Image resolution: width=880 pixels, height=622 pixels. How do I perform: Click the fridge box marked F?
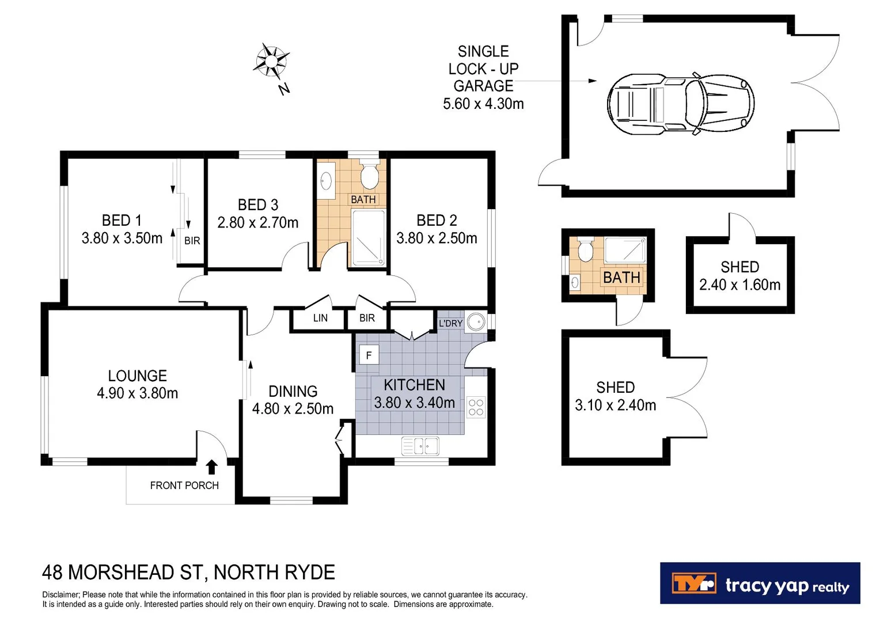(369, 355)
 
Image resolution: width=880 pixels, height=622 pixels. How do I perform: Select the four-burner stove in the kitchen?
(476, 407)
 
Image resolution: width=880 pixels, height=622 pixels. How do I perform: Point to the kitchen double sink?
(420, 446)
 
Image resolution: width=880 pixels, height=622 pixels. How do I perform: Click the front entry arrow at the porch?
(212, 466)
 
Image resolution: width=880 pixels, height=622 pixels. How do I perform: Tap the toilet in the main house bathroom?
(369, 175)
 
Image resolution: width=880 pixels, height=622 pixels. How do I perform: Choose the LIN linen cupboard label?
(320, 318)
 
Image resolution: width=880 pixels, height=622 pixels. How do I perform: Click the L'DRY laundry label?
(450, 323)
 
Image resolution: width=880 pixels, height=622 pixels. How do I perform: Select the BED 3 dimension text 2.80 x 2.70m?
(258, 222)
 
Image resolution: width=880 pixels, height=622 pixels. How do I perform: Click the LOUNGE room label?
(138, 376)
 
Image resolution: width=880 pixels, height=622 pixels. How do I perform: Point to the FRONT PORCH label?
(184, 486)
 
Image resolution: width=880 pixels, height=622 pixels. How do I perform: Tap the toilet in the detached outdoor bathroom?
(585, 251)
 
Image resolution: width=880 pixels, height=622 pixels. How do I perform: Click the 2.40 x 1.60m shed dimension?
(739, 285)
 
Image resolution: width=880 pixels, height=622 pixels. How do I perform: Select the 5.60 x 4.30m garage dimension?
(483, 104)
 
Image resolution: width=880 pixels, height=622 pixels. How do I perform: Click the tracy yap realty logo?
(760, 583)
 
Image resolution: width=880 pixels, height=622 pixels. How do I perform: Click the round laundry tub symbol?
(476, 322)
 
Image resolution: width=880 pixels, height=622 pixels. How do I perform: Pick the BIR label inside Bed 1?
(192, 241)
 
